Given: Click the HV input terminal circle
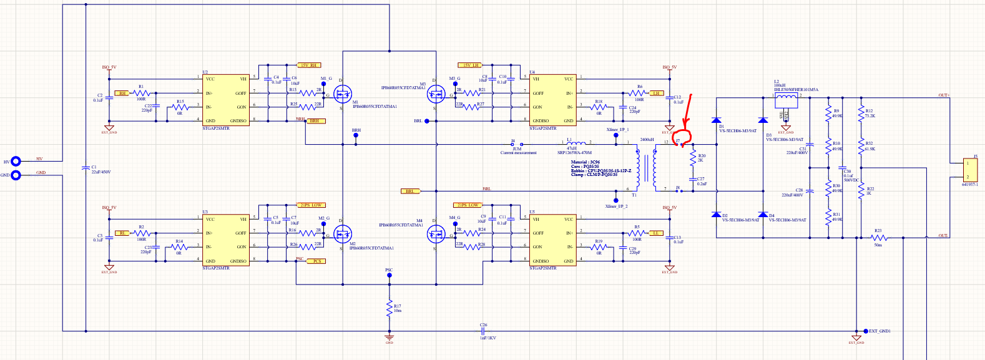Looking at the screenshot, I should tap(16, 162).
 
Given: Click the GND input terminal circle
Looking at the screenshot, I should tap(16, 175).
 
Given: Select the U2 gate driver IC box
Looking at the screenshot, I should tap(225, 100).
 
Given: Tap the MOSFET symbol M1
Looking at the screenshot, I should tap(342, 95).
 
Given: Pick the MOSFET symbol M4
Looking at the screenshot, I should tap(435, 235).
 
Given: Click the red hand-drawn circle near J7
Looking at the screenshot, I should tap(687, 140).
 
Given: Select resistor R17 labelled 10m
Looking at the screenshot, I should tap(389, 308).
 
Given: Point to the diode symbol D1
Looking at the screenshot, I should tap(716, 120).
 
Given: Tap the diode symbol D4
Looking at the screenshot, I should tap(762, 215).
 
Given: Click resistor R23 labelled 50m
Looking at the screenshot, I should tap(879, 238).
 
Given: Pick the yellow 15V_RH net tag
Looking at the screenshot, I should tap(309, 65).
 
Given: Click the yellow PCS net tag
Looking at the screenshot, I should tap(316, 261).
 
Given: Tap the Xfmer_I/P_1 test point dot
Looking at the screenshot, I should tap(617, 136).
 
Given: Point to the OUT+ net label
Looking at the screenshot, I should tap(944, 95).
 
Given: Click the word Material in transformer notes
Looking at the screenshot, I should tap(579, 162).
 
